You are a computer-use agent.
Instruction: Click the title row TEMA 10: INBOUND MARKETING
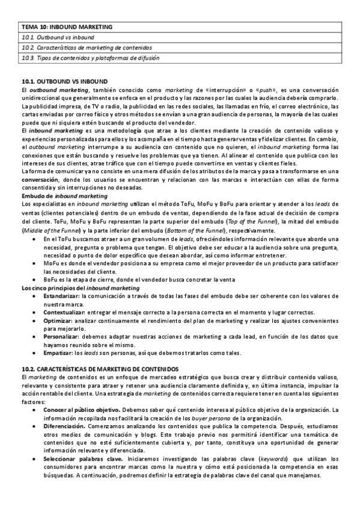(x=67, y=27)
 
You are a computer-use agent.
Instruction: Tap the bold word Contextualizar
(x=64, y=313)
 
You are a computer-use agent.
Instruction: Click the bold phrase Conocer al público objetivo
(x=82, y=409)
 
